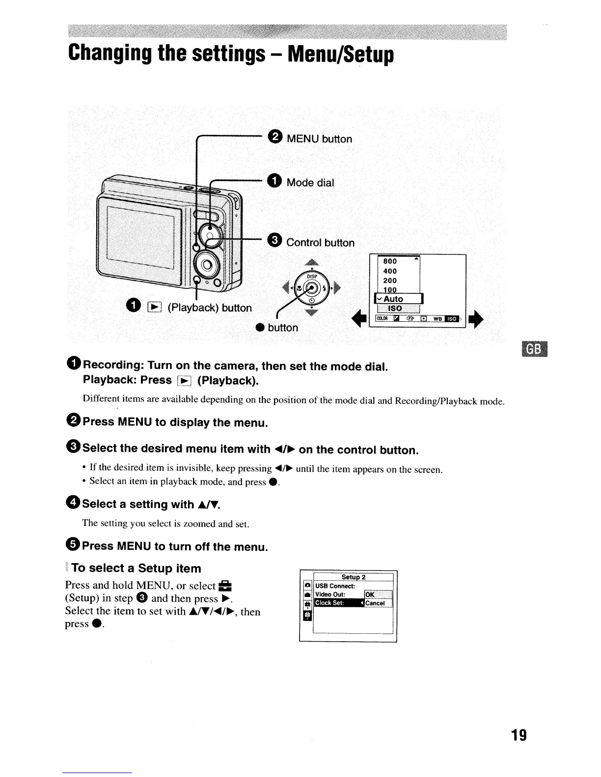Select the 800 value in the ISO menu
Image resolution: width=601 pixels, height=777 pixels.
pos(390,261)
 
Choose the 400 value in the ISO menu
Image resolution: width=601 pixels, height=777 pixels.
pos(390,271)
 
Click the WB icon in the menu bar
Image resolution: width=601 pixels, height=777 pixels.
pos(437,319)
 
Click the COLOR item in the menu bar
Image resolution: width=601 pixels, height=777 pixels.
pos(382,319)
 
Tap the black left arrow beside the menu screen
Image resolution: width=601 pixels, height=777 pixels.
pos(364,319)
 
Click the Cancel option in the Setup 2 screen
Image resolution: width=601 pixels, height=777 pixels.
pos(376,603)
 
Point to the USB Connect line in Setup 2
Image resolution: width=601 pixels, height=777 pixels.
pos(334,586)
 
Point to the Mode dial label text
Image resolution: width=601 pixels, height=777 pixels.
pos(310,183)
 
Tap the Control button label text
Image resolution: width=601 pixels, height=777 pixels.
pos(320,243)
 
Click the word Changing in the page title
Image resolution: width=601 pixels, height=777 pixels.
pos(109,55)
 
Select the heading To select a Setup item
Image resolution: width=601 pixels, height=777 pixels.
pos(136,569)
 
